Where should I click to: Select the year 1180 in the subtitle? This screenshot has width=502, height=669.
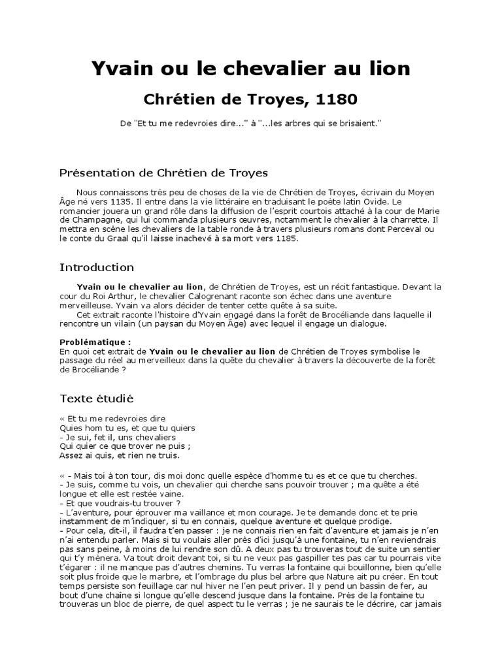tap(336, 100)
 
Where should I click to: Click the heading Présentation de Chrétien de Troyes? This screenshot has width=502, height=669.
tap(163, 173)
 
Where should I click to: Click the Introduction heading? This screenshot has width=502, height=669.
tap(97, 268)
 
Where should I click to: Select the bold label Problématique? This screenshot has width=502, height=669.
tap(94, 342)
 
